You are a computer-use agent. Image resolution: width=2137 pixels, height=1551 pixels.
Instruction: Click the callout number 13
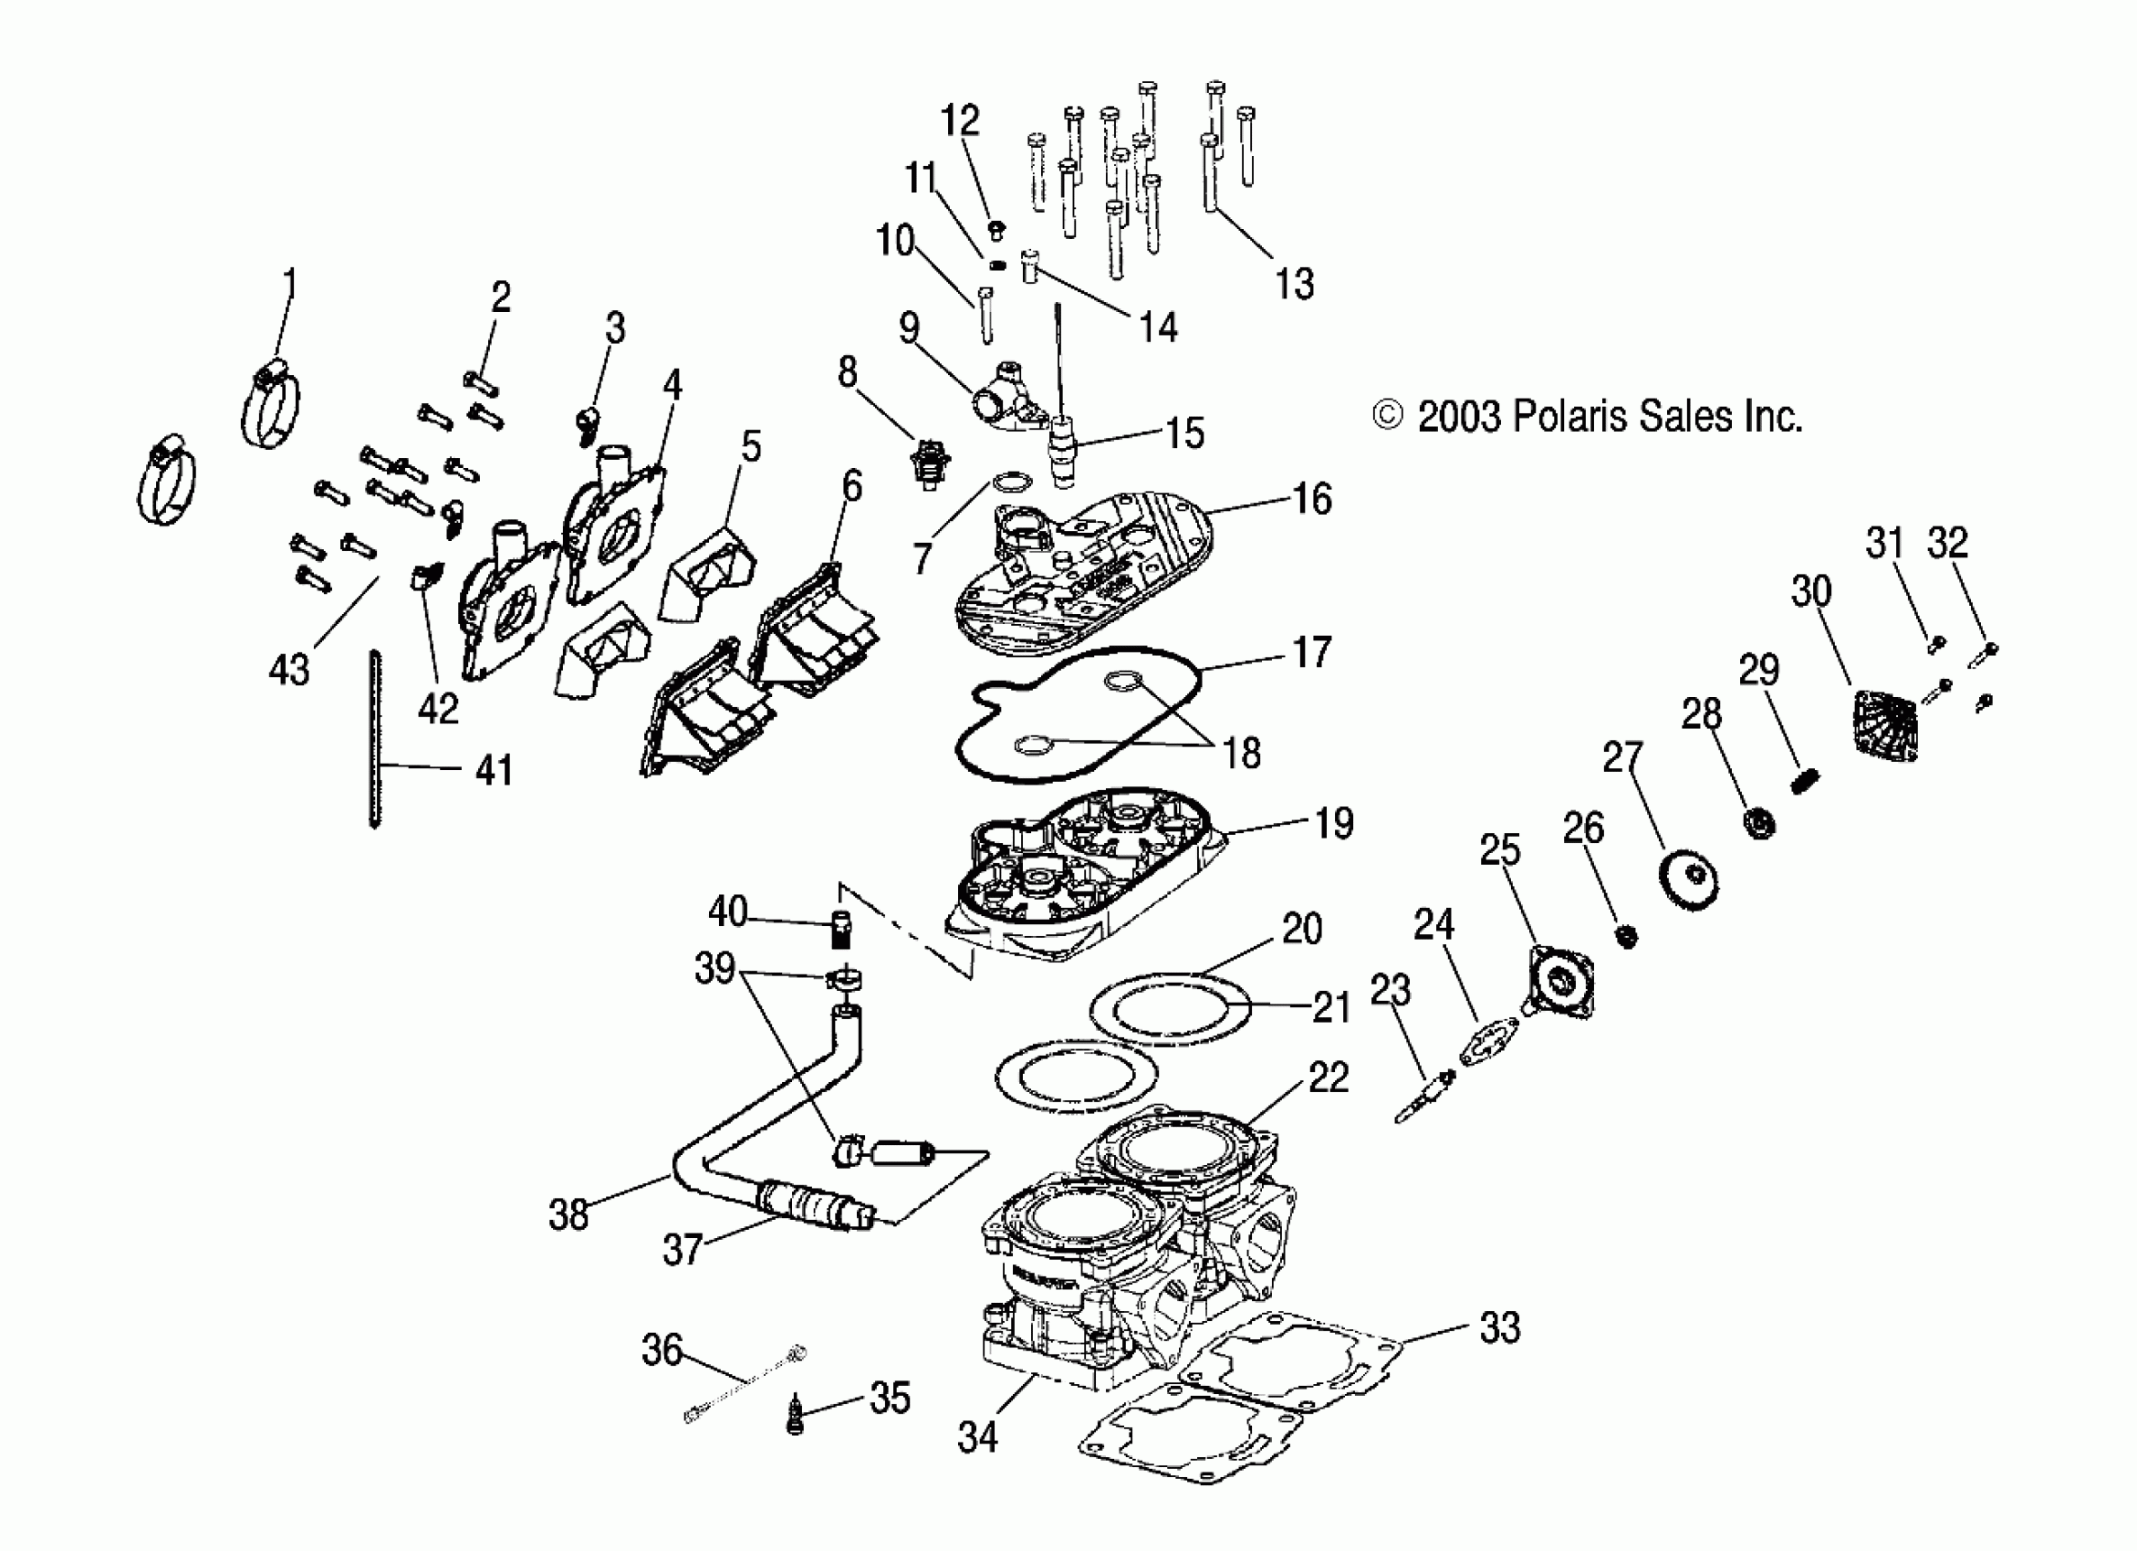[1294, 284]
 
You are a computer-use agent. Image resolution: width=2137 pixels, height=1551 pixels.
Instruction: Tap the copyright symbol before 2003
[1387, 414]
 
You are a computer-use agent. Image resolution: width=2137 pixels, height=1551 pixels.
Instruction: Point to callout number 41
[494, 770]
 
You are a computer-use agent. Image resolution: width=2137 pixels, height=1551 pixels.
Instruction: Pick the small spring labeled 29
[1803, 781]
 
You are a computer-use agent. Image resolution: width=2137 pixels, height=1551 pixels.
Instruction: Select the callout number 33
[1499, 1327]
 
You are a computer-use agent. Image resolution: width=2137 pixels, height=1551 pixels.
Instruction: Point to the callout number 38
[568, 1214]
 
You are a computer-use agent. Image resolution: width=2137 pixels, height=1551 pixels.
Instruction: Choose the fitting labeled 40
[841, 928]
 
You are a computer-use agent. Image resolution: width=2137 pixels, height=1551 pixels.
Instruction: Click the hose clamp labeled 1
[270, 406]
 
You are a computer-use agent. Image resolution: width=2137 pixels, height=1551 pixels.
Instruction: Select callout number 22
[1329, 1076]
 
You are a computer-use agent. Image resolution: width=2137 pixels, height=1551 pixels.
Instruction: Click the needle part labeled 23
[1425, 1098]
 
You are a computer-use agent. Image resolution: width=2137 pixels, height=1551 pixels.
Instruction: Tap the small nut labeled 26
[1626, 937]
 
